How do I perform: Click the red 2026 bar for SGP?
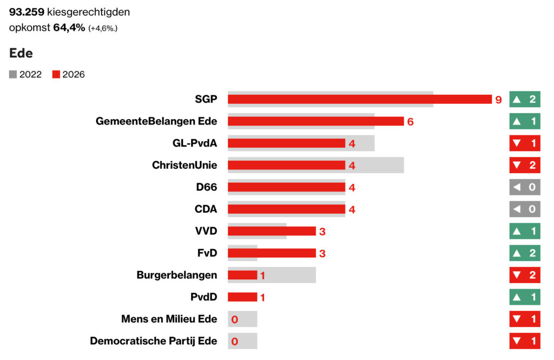(359, 99)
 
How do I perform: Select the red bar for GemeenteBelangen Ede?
(315, 121)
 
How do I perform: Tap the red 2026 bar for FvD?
(272, 253)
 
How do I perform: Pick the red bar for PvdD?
(242, 297)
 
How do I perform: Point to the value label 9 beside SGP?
(498, 100)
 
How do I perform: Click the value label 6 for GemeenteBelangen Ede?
(410, 122)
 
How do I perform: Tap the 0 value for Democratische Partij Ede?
(235, 342)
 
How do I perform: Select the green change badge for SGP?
(524, 99)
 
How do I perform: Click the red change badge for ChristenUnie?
(524, 165)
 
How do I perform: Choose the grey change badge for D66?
(524, 187)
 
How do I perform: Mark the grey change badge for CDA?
(524, 209)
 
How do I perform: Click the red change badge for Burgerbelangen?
(524, 275)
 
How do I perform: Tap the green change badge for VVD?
(524, 231)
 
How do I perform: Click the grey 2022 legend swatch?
(13, 75)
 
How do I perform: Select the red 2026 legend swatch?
(56, 75)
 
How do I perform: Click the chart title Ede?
(21, 53)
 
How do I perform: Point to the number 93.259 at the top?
(27, 12)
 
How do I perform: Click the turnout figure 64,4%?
(69, 28)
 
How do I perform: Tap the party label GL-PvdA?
(192, 143)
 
